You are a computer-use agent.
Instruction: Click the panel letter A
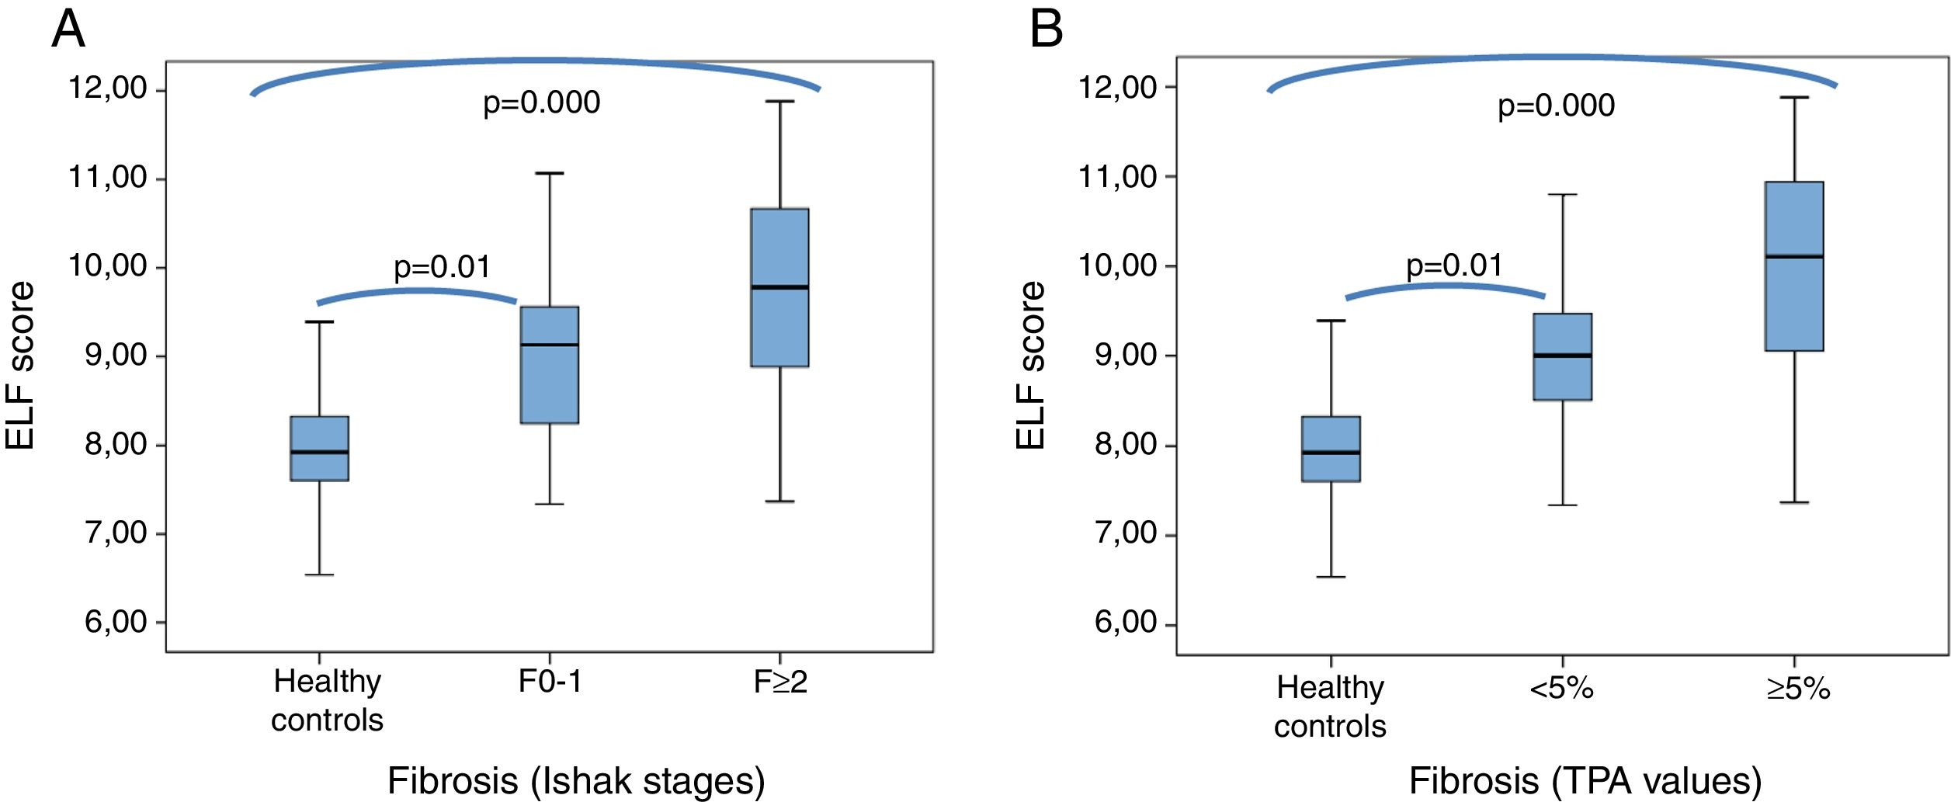point(68,30)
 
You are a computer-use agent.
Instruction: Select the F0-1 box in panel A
point(549,365)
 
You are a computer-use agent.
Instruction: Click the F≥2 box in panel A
point(779,287)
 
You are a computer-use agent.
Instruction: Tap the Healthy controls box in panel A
point(319,449)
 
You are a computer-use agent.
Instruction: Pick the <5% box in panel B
point(1562,357)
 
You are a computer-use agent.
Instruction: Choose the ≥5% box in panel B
point(1794,266)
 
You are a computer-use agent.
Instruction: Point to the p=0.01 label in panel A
point(442,267)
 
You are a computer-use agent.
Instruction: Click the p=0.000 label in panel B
point(1556,106)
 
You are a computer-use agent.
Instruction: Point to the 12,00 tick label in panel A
point(108,89)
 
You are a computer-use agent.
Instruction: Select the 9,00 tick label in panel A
point(116,356)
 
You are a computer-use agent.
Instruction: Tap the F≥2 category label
point(780,682)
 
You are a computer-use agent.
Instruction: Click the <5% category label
point(1561,689)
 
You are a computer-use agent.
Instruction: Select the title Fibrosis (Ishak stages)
point(576,780)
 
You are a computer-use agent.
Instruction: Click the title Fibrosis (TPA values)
point(1585,780)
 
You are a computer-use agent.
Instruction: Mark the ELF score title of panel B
point(1030,366)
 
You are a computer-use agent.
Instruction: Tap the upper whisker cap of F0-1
point(549,173)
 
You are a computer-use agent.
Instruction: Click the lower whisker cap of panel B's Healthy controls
point(1331,577)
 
